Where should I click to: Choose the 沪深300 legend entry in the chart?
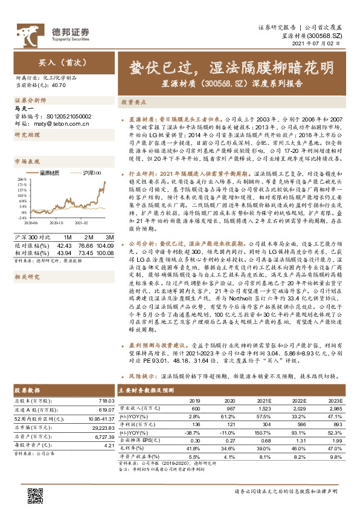pyautogui.click(x=88, y=173)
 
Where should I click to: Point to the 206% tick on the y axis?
pyautogui.click(x=21, y=180)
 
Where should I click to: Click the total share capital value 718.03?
pyautogui.click(x=105, y=401)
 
